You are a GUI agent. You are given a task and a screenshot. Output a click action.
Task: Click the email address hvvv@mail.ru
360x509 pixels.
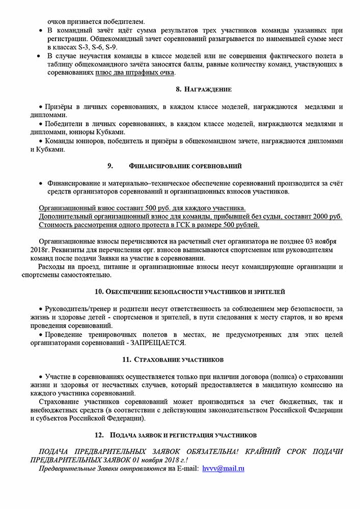pyautogui.click(x=223, y=468)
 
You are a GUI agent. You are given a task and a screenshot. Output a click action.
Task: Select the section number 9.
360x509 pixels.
pyautogui.click(x=109, y=166)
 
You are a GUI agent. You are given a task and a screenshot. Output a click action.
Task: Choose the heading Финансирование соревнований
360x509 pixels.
pyautogui.click(x=185, y=166)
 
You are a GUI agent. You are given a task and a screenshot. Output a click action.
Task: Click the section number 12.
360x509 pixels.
pyautogui.click(x=99, y=435)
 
